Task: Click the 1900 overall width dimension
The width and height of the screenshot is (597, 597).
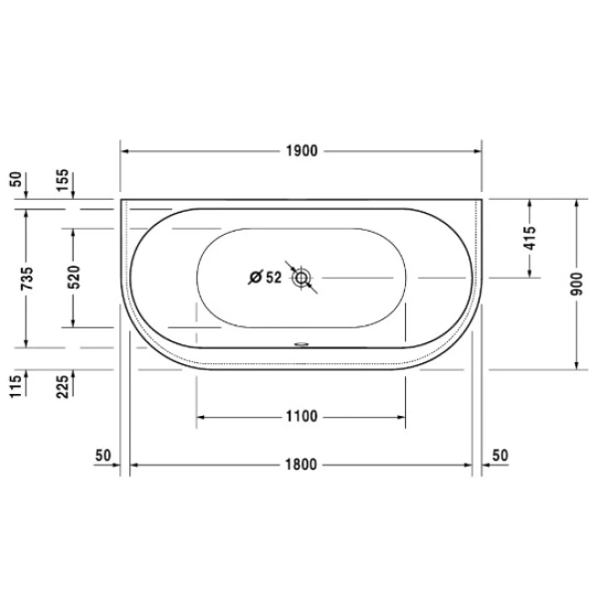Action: click(x=301, y=151)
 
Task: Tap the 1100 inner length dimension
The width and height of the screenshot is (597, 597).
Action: click(x=301, y=416)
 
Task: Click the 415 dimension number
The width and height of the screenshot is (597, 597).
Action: click(x=529, y=238)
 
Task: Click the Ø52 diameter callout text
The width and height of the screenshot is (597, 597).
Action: click(x=265, y=277)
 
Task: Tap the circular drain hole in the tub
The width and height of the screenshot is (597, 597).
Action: click(x=301, y=277)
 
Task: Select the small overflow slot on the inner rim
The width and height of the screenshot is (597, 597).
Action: click(x=301, y=347)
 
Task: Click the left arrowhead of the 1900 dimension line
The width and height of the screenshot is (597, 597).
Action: click(x=125, y=151)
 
